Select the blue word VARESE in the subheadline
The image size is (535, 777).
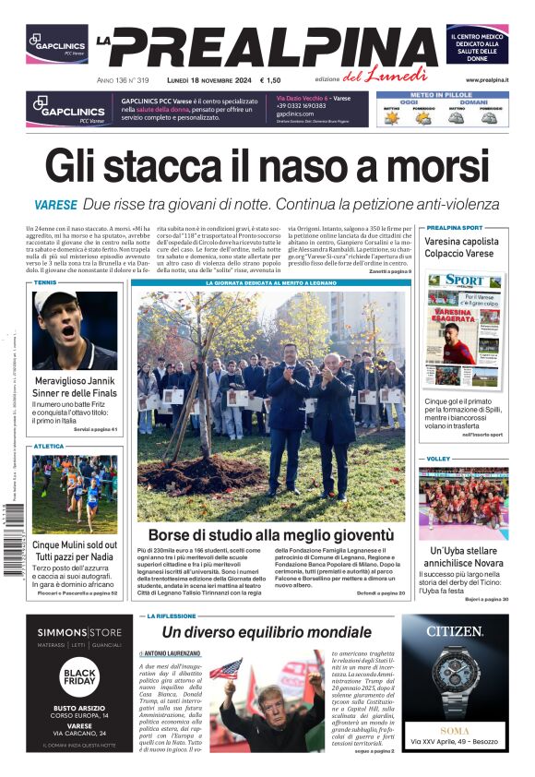point(55,205)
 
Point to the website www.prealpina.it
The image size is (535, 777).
point(486,80)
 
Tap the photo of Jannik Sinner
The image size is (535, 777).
point(75,330)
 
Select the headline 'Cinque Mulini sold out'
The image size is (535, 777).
point(75,544)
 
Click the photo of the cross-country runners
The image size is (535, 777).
point(75,494)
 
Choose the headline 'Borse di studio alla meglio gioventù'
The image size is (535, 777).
point(271,534)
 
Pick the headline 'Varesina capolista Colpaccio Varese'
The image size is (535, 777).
point(460,247)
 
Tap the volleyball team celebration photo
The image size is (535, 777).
point(463,502)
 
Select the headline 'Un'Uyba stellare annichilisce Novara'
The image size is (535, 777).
point(463,557)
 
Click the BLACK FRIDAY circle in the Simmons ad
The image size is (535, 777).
point(80,678)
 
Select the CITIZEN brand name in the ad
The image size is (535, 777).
point(455,631)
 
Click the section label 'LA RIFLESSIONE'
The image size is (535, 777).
point(172,616)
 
